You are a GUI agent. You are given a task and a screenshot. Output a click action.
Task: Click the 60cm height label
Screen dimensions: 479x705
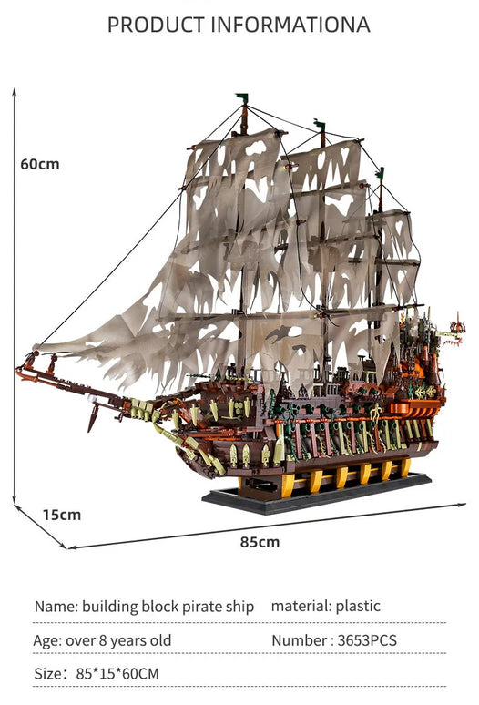(40, 164)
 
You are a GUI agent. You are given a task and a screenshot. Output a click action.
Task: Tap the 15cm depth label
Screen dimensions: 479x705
(62, 515)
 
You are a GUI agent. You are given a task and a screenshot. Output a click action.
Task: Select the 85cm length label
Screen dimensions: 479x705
(260, 542)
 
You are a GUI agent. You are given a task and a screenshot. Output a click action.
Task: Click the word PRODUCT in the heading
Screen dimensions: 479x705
(156, 25)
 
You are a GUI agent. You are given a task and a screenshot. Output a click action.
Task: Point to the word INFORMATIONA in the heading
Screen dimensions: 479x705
(290, 25)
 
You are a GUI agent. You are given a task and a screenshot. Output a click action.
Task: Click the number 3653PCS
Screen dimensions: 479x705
(367, 640)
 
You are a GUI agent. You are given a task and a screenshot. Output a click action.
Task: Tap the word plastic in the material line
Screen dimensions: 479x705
(358, 606)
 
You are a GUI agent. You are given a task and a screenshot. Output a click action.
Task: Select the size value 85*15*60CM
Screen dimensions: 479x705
(117, 673)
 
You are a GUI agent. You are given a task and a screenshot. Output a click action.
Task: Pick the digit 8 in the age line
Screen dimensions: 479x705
(102, 640)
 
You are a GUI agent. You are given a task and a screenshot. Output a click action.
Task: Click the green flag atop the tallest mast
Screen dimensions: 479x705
(241, 97)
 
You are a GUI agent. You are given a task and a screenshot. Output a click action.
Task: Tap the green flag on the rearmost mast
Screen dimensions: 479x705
(380, 173)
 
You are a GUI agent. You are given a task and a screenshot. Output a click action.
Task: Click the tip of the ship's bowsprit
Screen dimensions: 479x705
(17, 370)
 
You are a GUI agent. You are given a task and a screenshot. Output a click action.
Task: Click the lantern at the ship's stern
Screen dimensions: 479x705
(458, 327)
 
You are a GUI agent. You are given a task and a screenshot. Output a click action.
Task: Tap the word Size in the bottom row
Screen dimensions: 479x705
(48, 673)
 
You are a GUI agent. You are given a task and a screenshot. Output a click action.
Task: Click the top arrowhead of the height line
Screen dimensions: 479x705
(15, 91)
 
